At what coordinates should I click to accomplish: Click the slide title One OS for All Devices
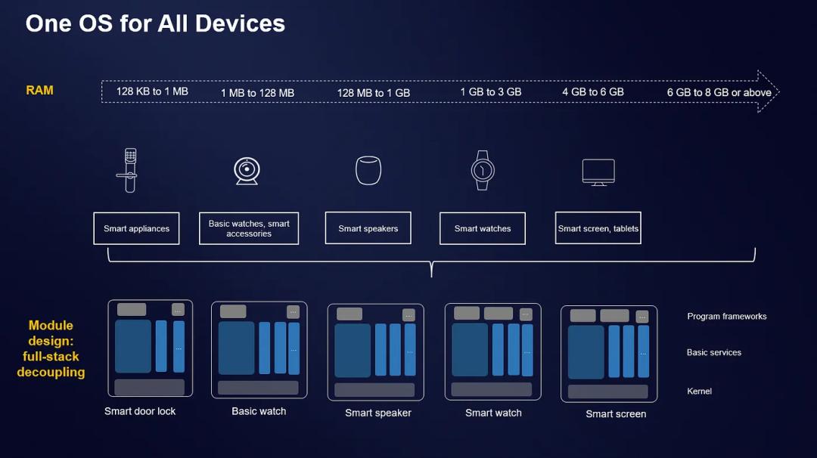(155, 23)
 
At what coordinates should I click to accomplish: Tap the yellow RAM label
(39, 90)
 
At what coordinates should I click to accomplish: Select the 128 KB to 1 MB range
(152, 91)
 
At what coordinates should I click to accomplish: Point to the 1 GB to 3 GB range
(490, 92)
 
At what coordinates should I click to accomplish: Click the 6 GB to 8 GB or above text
(719, 92)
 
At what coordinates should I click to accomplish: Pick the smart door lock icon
(130, 171)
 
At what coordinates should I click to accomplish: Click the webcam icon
(247, 171)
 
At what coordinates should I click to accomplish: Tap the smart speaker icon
(368, 171)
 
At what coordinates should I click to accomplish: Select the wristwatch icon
(482, 170)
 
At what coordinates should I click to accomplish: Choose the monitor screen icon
(598, 172)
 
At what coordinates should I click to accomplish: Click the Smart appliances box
(136, 228)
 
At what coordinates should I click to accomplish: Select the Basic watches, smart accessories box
(249, 228)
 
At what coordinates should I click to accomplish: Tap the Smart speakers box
(368, 228)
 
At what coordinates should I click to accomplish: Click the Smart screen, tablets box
(598, 228)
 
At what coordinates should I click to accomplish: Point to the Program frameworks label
(726, 317)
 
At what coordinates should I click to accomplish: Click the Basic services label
(713, 352)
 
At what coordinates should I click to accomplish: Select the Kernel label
(699, 391)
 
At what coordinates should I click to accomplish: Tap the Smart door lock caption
(140, 411)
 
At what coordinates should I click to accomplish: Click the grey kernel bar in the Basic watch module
(258, 388)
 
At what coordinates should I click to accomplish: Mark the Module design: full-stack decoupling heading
(51, 348)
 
